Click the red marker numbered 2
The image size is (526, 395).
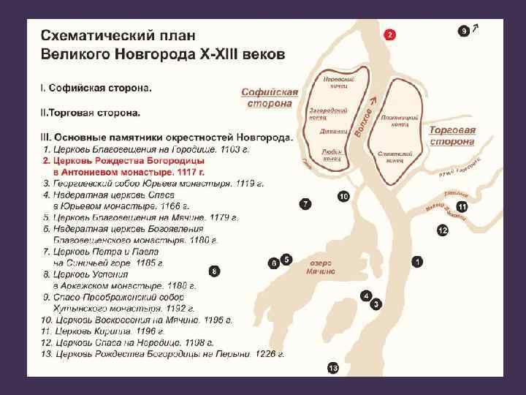pyautogui.click(x=390, y=34)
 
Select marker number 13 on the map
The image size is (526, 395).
pyautogui.click(x=333, y=367)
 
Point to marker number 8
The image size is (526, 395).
pyautogui.click(x=213, y=271)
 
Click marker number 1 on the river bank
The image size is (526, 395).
pyautogui.click(x=417, y=260)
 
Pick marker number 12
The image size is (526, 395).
pyautogui.click(x=442, y=230)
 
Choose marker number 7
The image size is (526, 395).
pyautogui.click(x=305, y=203)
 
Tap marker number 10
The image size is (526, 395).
pyautogui.click(x=343, y=196)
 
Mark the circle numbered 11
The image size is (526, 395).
pyautogui.click(x=461, y=208)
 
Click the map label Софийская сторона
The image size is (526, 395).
pyautogui.click(x=270, y=97)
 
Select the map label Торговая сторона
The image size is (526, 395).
pyautogui.click(x=451, y=135)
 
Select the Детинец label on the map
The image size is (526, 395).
pyautogui.click(x=331, y=132)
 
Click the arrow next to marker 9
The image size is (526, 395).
pyautogui.click(x=476, y=28)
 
